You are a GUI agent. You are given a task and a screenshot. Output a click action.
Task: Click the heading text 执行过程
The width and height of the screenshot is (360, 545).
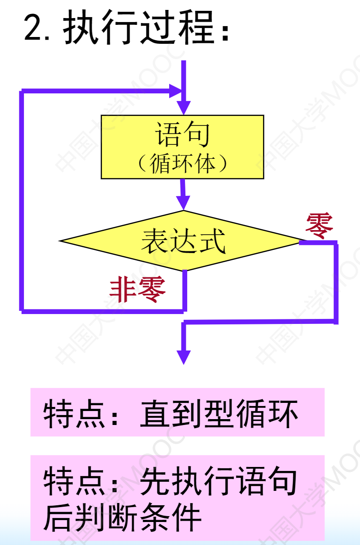[x=138, y=28]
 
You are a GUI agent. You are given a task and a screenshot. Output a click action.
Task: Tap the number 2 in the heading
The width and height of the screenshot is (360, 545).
[x=33, y=28]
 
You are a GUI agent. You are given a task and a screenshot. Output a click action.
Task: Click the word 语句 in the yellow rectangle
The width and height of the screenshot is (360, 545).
[x=182, y=134]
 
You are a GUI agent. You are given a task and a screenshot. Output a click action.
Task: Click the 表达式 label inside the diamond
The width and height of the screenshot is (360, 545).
[x=183, y=241]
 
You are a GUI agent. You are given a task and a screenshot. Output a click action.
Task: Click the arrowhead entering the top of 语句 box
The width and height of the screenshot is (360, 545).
[x=183, y=108]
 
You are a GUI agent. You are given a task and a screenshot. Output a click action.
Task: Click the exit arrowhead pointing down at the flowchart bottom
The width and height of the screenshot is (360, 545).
[x=183, y=356]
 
